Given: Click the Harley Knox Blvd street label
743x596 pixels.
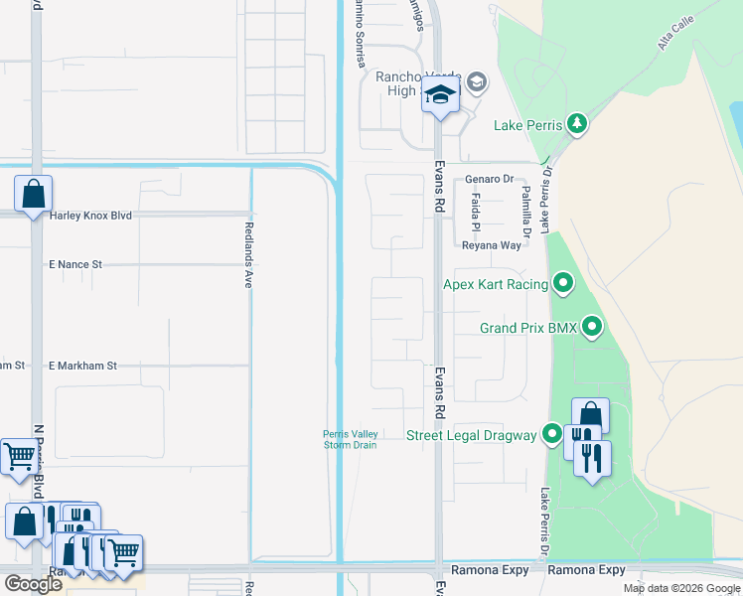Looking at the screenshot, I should (x=89, y=215).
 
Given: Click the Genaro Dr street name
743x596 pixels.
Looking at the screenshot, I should (x=489, y=180).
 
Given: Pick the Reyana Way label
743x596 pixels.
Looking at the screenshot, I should (x=490, y=245).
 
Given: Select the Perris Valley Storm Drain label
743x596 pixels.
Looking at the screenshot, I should (x=350, y=439).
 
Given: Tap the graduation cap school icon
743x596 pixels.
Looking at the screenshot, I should (x=439, y=96).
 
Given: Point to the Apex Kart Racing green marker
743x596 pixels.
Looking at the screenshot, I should (x=563, y=285).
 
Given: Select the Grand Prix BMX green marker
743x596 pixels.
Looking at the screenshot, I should (x=592, y=327).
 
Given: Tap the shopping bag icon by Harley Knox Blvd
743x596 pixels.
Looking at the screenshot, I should (x=33, y=192).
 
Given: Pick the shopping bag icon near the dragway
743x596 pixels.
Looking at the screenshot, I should (x=590, y=414).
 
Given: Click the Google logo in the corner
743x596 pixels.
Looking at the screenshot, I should (x=33, y=584).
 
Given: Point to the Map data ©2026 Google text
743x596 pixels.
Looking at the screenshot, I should (x=681, y=588).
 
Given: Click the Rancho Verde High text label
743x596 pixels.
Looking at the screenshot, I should (x=409, y=83).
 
